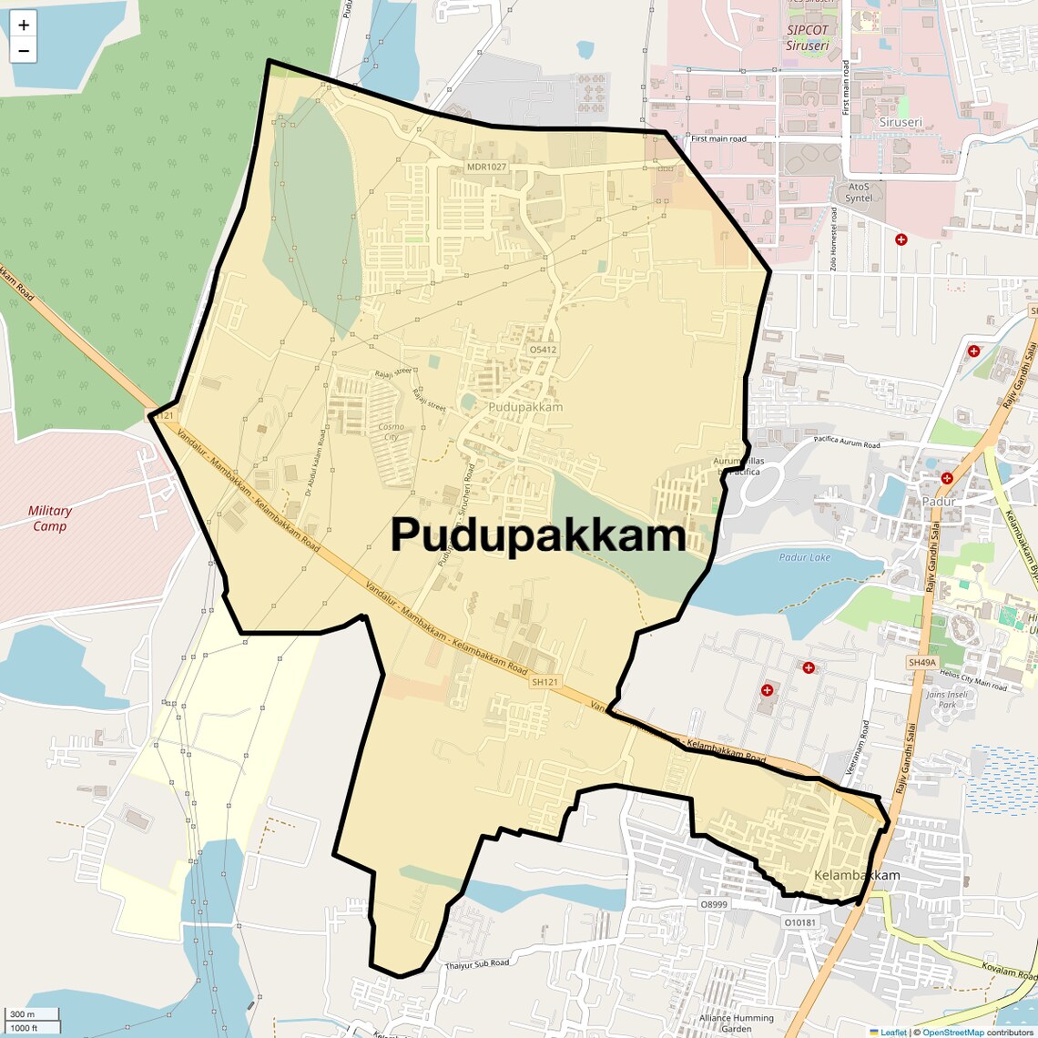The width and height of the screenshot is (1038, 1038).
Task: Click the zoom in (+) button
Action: click(24, 25)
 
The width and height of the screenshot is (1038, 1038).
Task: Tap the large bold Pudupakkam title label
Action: click(538, 535)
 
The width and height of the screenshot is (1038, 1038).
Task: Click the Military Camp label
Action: click(50, 518)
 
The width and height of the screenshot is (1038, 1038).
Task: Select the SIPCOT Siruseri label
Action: click(808, 37)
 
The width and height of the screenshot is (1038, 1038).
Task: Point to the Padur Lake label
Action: click(805, 557)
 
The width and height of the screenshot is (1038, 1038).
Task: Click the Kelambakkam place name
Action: click(856, 875)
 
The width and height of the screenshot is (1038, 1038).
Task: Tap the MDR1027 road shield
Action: click(486, 167)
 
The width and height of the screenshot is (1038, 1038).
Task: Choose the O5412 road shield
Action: click(542, 350)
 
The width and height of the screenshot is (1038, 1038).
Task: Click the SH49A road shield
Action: click(921, 663)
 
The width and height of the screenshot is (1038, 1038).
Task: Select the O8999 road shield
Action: click(714, 904)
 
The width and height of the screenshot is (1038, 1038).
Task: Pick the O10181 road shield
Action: click(800, 922)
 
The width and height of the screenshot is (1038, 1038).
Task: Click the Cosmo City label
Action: click(391, 432)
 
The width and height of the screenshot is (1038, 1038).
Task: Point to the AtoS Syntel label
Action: click(859, 192)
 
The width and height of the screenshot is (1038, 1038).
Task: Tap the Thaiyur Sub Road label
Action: click(477, 964)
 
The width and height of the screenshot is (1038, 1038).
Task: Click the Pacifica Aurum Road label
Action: click(847, 443)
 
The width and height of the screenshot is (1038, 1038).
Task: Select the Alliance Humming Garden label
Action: click(737, 1023)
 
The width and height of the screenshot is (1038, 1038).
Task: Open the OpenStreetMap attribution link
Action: click(952, 1033)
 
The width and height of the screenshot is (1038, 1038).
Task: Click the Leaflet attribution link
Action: click(893, 1033)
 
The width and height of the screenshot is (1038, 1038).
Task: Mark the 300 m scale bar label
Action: click(23, 1014)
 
